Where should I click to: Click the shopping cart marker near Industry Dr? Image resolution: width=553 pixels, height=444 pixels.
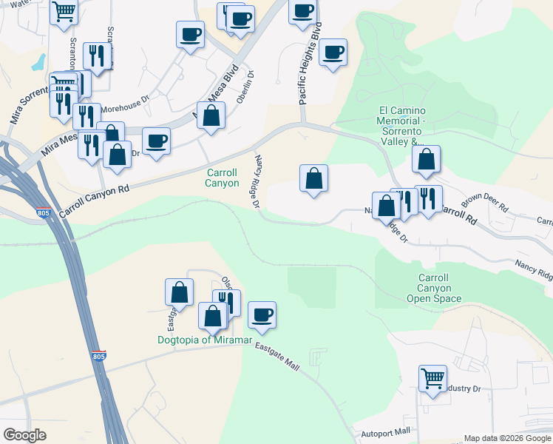(432, 379)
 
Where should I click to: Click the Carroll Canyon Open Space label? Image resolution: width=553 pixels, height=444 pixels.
(434, 288)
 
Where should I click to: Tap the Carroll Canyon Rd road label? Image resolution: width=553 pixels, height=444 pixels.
(95, 201)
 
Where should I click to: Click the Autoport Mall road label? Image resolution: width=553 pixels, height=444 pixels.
(381, 432)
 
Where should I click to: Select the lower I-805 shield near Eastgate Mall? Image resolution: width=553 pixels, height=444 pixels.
(98, 357)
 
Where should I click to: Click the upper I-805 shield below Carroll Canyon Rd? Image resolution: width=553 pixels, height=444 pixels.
(42, 215)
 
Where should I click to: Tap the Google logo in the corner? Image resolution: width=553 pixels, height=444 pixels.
(24, 436)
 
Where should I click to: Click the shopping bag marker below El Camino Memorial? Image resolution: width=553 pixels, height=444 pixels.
(427, 159)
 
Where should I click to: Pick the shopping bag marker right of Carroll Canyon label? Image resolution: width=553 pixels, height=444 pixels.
(313, 178)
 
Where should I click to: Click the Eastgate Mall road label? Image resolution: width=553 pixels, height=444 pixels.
(277, 357)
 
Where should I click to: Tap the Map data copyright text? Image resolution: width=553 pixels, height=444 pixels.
(506, 437)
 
